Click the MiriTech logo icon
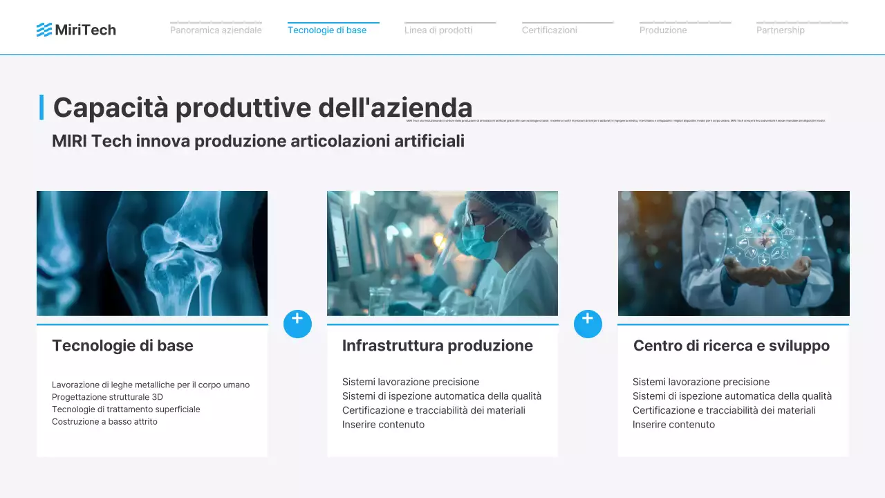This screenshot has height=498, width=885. [x=44, y=30]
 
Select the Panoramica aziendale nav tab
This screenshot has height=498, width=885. [x=216, y=30]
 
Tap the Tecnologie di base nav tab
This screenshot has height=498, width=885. [x=327, y=30]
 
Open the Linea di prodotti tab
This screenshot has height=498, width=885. [x=438, y=30]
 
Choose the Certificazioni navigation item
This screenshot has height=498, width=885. [x=550, y=30]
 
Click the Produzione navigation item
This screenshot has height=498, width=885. [x=663, y=30]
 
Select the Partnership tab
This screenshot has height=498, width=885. [x=781, y=30]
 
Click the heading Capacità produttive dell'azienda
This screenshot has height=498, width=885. [x=263, y=108]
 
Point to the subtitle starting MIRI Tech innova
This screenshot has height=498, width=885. [x=258, y=141]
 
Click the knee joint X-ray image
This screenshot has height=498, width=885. [x=152, y=253]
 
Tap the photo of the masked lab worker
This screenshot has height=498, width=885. [x=442, y=253]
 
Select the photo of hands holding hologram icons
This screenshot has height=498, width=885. [x=734, y=253]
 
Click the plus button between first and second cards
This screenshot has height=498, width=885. [x=297, y=324]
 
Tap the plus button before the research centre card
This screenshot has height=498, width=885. [x=588, y=324]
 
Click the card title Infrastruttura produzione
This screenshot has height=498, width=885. [x=438, y=346]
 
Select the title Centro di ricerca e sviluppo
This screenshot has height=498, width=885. [x=732, y=346]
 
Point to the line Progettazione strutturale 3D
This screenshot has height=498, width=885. [x=107, y=397]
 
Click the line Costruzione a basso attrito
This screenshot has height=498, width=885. [x=104, y=421]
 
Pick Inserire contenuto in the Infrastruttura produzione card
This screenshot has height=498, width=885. [x=383, y=425]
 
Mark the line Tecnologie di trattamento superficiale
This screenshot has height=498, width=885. [x=126, y=409]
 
